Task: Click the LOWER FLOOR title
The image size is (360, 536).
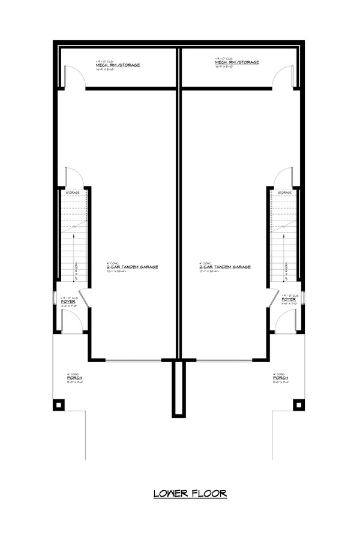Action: pyautogui.click(x=190, y=494)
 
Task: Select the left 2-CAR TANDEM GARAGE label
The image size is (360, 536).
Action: pyautogui.click(x=133, y=267)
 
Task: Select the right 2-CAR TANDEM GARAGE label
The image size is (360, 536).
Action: pyautogui.click(x=225, y=267)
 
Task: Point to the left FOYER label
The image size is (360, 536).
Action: pyautogui.click(x=68, y=301)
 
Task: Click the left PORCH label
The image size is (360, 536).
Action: pyautogui.click(x=74, y=379)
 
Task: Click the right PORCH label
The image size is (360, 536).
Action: pyautogui.click(x=280, y=379)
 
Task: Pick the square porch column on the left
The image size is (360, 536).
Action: pyautogui.click(x=58, y=405)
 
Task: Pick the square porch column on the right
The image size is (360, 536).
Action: pyautogui.click(x=298, y=405)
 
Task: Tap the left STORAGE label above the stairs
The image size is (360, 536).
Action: pyautogui.click(x=73, y=192)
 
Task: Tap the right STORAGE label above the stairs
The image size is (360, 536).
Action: pyautogui.click(x=284, y=192)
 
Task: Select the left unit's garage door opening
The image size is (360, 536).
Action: pyautogui.click(x=132, y=360)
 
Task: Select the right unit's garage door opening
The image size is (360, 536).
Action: pyautogui.click(x=226, y=360)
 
